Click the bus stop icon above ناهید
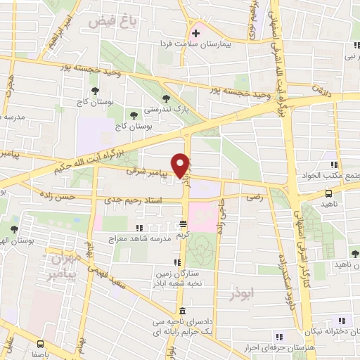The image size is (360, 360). click(x=328, y=193)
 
